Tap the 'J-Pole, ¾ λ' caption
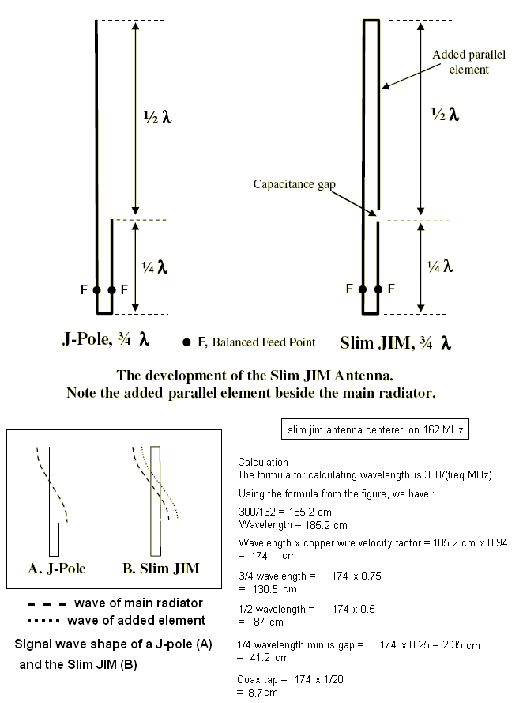pos(106,341)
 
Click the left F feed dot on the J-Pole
pos(96,290)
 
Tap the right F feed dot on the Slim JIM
pos(378,290)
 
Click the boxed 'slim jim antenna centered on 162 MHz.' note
pos(375,429)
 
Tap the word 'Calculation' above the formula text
pos(263,462)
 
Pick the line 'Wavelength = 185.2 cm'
pos(292,525)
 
